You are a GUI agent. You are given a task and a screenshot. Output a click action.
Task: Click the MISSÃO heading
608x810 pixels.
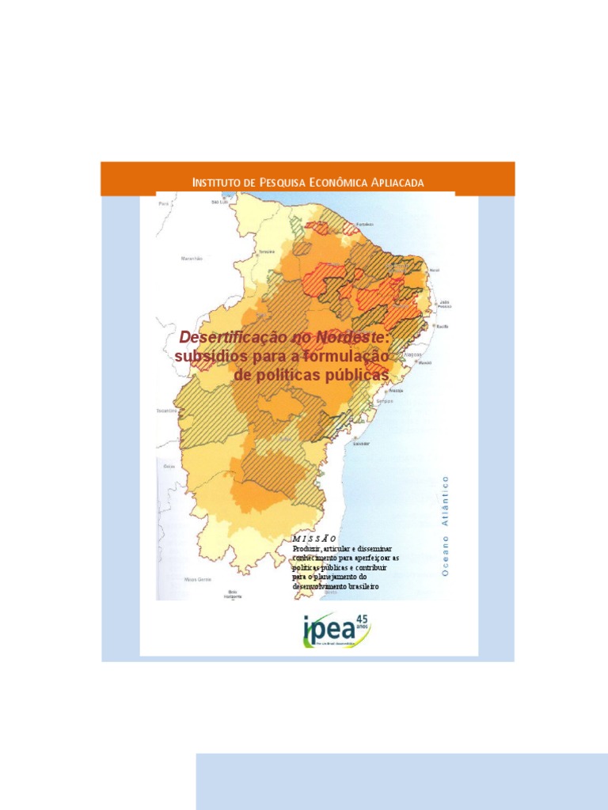tap(309, 538)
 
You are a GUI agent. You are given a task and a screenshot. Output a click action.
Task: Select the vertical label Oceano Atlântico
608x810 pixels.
tap(445, 524)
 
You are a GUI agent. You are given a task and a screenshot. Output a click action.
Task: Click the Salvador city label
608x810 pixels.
tap(361, 443)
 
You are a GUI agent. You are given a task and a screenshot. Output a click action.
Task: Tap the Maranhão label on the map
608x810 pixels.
tap(192, 258)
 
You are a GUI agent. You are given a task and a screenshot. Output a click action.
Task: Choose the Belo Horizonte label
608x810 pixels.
tap(233, 593)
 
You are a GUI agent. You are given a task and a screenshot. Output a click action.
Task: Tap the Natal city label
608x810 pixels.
tap(434, 271)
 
